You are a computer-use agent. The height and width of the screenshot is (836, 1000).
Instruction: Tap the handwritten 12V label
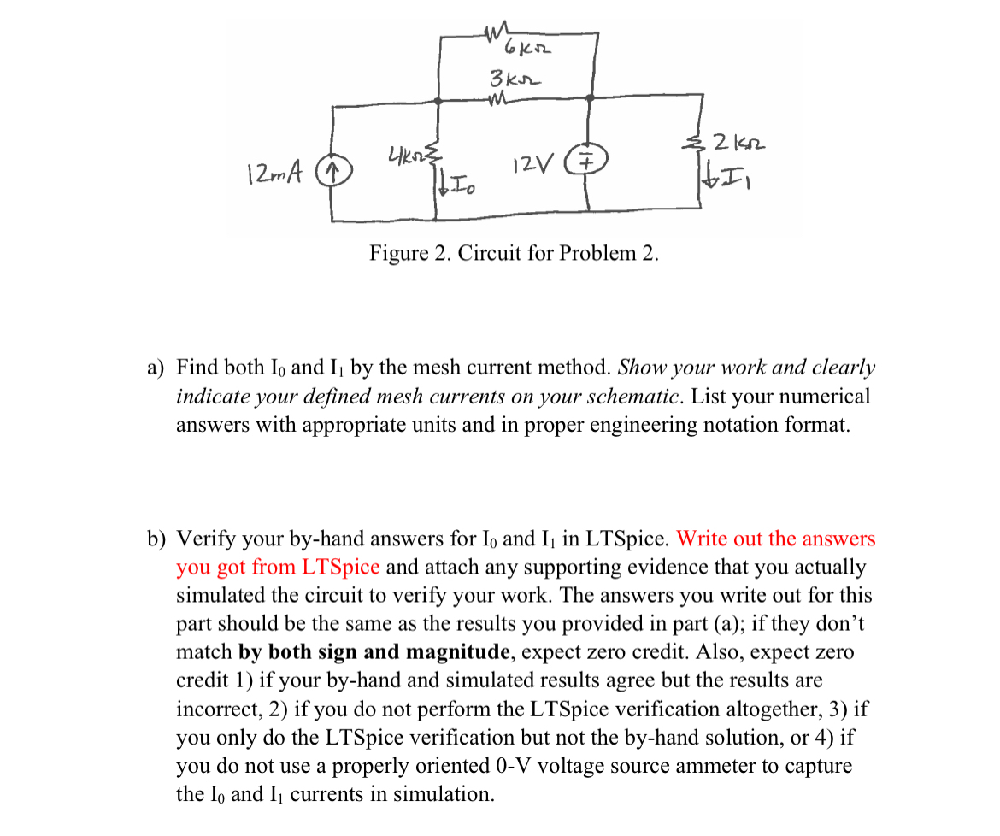[533, 161]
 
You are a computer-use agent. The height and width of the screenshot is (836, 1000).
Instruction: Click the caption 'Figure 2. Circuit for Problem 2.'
[514, 254]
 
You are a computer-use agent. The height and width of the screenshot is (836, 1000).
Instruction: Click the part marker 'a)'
[155, 368]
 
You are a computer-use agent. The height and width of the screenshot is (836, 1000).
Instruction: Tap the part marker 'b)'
[156, 539]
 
